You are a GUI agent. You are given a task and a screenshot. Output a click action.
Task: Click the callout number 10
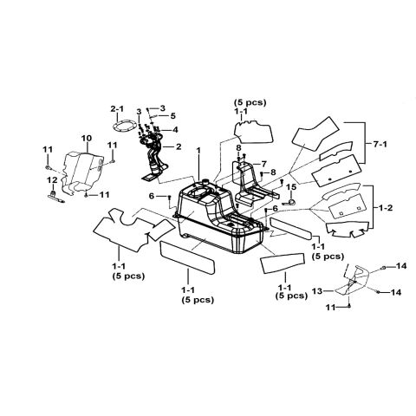[x=87, y=138]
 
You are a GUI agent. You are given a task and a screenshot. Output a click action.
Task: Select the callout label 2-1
[x=117, y=109]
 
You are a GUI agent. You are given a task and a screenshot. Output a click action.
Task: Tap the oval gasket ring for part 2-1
[x=124, y=127]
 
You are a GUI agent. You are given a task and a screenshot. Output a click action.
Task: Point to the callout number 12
[x=52, y=180]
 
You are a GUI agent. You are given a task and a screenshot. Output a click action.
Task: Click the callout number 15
[x=291, y=187]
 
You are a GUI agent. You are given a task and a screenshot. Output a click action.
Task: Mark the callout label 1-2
[x=386, y=208]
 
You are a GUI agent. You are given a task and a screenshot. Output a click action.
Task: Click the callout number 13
[x=317, y=291]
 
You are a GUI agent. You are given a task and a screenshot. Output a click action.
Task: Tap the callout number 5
[x=172, y=116]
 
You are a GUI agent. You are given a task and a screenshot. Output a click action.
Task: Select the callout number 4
[x=175, y=130]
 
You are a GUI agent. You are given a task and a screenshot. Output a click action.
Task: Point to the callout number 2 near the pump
[x=179, y=146]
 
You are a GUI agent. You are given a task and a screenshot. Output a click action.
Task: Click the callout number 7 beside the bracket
[x=263, y=164]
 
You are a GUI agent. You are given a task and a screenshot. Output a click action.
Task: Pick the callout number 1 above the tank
[x=198, y=150]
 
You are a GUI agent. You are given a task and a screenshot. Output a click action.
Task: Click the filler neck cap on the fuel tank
[x=205, y=182]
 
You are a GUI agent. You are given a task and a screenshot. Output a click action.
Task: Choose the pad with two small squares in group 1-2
[x=348, y=206]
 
